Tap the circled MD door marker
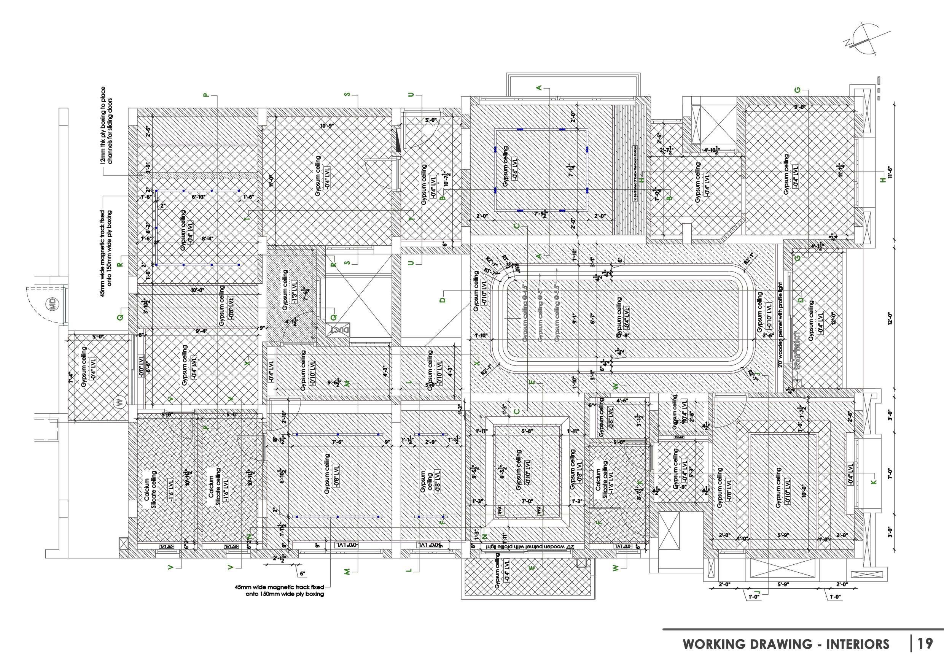click(x=52, y=304)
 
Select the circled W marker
click(x=120, y=402)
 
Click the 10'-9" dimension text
click(x=327, y=126)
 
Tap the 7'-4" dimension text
click(x=71, y=377)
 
